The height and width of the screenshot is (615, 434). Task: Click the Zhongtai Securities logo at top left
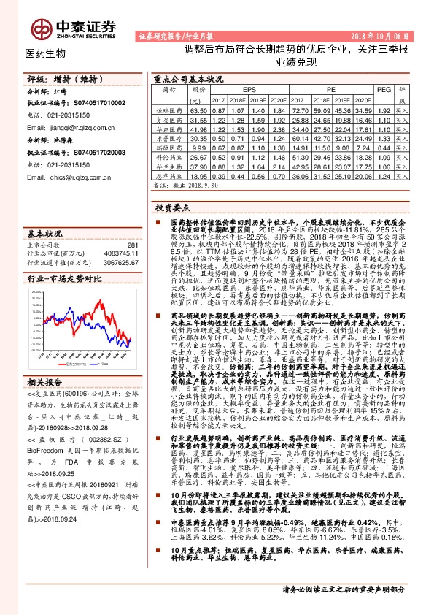(x=73, y=27)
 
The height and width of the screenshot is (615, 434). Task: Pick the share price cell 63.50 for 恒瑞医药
(x=198, y=109)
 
